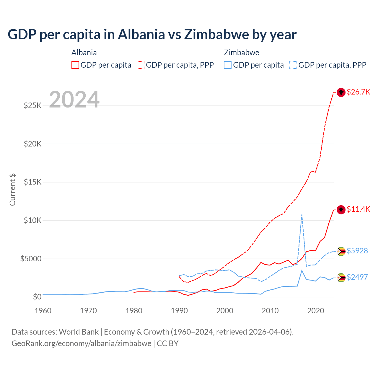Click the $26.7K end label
click(x=358, y=92)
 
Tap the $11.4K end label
click(x=358, y=209)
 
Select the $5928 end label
click(x=357, y=251)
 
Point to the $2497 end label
click(x=357, y=277)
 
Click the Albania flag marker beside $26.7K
click(x=341, y=92)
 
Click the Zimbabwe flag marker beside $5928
click(x=341, y=251)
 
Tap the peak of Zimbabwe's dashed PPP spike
click(x=302, y=215)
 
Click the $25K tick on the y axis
click(x=33, y=105)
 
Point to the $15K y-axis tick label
click(x=33, y=182)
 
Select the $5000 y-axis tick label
click(x=31, y=259)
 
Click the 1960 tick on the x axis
click(x=43, y=311)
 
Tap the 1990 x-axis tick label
click(x=179, y=311)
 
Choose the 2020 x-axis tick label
click(x=315, y=311)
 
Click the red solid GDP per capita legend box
click(x=75, y=65)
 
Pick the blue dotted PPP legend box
click(x=293, y=65)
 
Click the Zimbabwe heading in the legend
click(x=242, y=53)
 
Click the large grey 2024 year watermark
click(x=74, y=100)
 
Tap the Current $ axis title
click(x=12, y=190)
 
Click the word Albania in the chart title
click(x=141, y=35)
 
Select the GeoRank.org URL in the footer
click(x=81, y=343)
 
